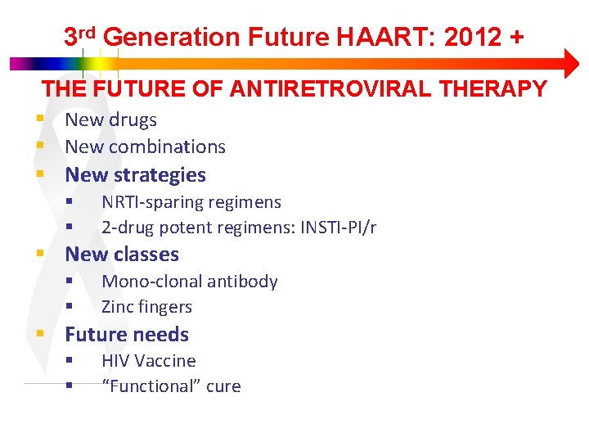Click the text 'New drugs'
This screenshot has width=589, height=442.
(x=110, y=120)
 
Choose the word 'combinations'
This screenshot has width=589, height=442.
(x=169, y=147)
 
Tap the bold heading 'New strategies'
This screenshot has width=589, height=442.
(x=135, y=174)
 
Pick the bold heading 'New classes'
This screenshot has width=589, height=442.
(x=121, y=255)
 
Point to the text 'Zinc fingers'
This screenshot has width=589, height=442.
(x=146, y=307)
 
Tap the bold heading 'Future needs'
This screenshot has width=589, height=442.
(x=126, y=334)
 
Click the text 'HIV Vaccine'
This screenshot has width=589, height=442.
(x=148, y=361)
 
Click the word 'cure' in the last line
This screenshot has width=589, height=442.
(x=223, y=386)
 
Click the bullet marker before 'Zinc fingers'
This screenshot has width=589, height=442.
(x=70, y=307)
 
